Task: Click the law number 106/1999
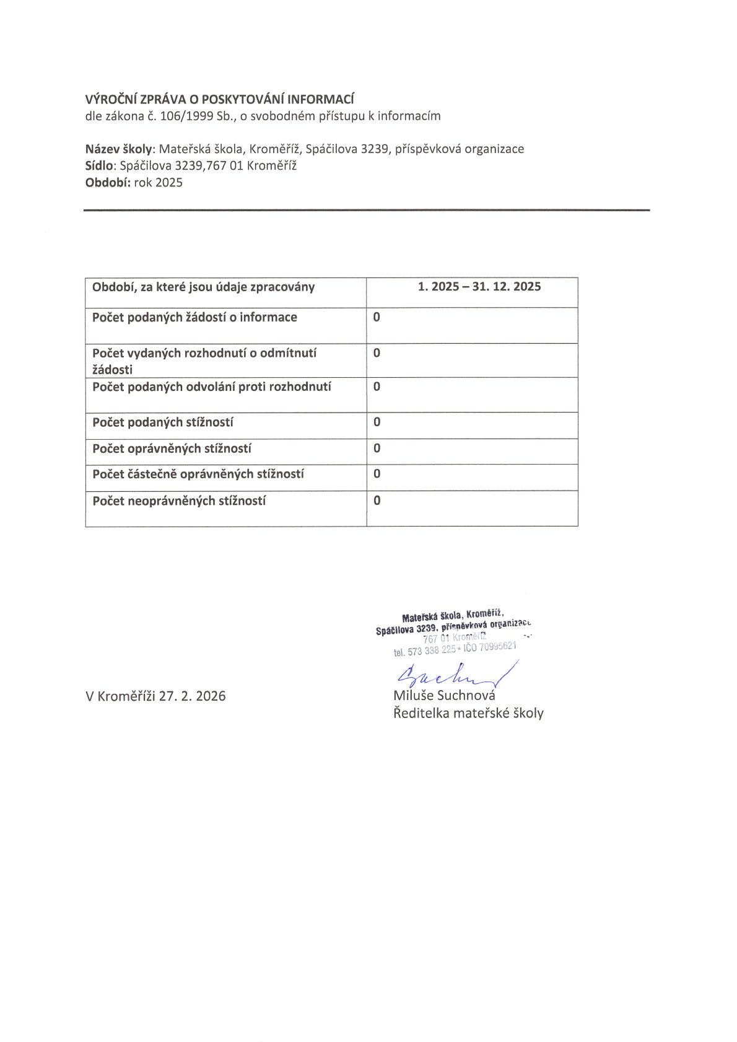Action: point(186,116)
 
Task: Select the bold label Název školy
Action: point(118,149)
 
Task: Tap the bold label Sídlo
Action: point(100,165)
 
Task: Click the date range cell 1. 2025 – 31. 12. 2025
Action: point(479,287)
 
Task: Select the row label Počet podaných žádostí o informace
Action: point(194,317)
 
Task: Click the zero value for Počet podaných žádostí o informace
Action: point(377,317)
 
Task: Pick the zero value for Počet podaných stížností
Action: point(377,422)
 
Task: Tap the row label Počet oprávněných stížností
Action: point(172,449)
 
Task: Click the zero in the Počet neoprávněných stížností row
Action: point(377,501)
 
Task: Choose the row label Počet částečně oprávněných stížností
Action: point(198,474)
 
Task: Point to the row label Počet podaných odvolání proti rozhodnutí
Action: point(211,387)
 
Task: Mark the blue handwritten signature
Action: point(452,675)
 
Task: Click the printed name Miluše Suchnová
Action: point(444,695)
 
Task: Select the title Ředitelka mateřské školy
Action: point(468,713)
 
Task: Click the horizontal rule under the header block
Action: point(367,211)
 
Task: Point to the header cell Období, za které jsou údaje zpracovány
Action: point(203,287)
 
